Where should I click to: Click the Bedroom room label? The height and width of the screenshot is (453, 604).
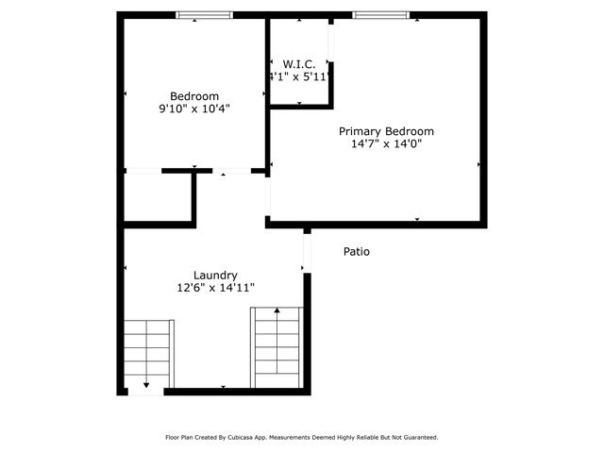point(194,95)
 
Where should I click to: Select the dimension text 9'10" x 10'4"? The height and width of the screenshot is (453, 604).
point(194,109)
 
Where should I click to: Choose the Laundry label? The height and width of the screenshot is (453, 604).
point(215,276)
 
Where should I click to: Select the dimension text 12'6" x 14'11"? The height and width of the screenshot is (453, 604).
point(215,288)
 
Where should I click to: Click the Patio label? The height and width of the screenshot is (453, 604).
point(356,252)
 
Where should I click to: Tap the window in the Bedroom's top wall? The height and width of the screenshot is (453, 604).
point(204,15)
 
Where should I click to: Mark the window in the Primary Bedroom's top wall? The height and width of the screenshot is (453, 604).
point(381,15)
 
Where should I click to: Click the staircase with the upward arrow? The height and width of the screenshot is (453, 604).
point(277,347)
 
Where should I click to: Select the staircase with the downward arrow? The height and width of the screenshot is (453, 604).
point(148,354)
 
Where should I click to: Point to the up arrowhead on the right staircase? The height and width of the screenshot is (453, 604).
point(277,310)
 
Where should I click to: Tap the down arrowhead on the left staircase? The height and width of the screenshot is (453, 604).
point(147,385)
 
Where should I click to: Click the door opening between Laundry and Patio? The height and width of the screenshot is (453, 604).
point(307,251)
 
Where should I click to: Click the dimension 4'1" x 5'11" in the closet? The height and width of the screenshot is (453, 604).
point(299,77)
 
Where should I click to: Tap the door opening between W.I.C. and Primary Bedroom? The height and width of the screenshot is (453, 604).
point(330,42)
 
